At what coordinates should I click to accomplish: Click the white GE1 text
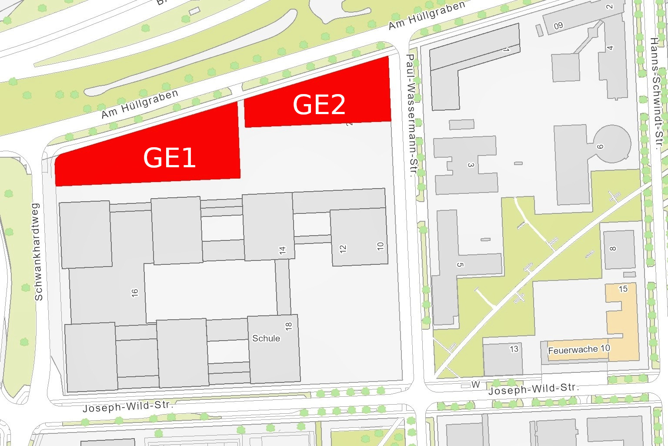click(169, 158)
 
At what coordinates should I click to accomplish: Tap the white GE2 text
click(319, 105)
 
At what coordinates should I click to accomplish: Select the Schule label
click(266, 338)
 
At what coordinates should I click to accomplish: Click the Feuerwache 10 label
click(579, 350)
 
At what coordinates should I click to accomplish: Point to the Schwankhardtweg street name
click(38, 252)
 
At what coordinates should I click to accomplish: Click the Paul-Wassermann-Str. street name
click(411, 115)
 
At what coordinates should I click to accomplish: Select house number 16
click(135, 293)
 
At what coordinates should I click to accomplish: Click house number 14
click(283, 250)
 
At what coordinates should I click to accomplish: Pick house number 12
click(343, 249)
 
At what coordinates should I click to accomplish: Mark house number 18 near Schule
click(288, 326)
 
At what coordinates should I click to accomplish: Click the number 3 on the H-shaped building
click(470, 165)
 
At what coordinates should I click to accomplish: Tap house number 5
click(460, 264)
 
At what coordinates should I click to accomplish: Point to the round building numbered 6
click(611, 144)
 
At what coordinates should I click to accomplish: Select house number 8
click(613, 249)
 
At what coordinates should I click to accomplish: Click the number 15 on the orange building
click(623, 289)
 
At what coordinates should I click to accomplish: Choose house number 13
click(514, 349)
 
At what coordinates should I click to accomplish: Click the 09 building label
click(558, 26)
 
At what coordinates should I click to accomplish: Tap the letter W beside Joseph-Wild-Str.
click(476, 385)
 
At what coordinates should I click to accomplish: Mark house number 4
click(610, 48)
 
